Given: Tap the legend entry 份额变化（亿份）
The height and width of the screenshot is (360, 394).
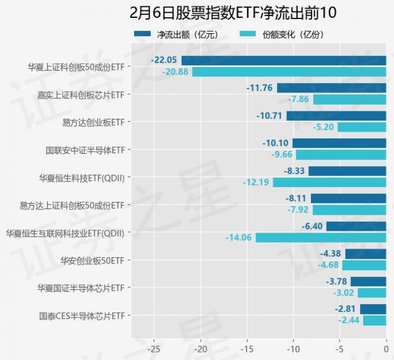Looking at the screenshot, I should click(292, 35).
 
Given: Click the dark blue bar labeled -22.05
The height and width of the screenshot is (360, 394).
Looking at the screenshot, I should click(283, 60).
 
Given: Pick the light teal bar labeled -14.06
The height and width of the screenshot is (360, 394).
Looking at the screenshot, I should click(320, 238).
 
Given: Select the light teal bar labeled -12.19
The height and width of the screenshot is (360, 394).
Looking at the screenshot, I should click(329, 182).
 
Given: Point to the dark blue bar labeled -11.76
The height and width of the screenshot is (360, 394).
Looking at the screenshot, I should click(331, 88).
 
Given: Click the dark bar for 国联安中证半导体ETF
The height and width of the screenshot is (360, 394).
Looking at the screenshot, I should click(339, 143).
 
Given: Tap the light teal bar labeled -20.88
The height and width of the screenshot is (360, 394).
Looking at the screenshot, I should click(289, 72).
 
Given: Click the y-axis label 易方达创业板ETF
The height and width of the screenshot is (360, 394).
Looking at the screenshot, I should click(94, 122).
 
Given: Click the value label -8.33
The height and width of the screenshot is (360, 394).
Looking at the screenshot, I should click(294, 171).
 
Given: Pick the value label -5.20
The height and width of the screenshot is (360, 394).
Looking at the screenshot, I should click(323, 127).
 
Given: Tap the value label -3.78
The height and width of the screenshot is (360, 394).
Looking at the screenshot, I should click(336, 282).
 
